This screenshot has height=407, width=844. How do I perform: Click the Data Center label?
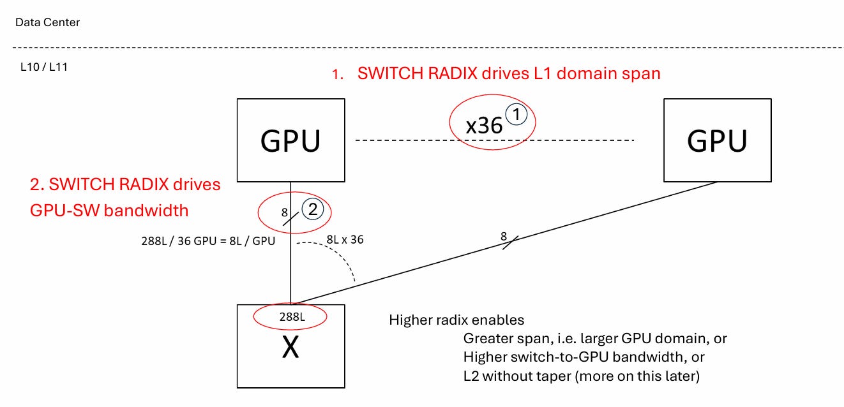(47, 22)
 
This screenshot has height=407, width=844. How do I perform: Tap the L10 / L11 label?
(44, 67)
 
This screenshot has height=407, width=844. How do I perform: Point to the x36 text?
(484, 126)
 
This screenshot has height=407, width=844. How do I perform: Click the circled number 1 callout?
(516, 114)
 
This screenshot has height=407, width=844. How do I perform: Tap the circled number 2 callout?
(313, 209)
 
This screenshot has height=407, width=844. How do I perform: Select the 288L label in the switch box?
(292, 317)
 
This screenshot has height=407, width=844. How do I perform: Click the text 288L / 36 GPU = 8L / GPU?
(208, 241)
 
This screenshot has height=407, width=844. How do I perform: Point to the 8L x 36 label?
(345, 240)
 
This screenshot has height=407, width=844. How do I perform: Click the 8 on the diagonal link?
(504, 237)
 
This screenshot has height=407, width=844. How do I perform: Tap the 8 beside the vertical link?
(285, 212)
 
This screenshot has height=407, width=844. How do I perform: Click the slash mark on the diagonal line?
(511, 243)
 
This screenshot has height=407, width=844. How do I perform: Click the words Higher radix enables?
(456, 320)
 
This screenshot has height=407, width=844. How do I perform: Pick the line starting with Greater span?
(595, 339)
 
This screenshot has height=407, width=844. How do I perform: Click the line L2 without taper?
(582, 376)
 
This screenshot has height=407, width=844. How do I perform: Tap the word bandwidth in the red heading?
(146, 211)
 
